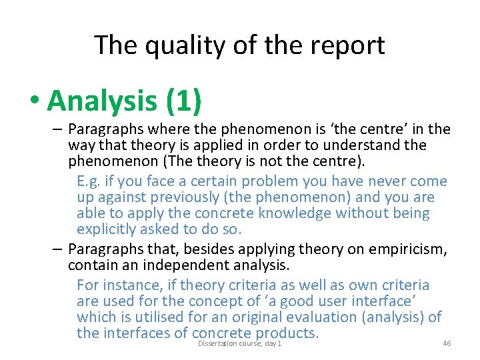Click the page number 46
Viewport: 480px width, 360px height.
coord(447,343)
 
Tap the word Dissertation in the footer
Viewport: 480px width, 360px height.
coord(217,343)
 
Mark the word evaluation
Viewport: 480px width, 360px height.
coord(344,317)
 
